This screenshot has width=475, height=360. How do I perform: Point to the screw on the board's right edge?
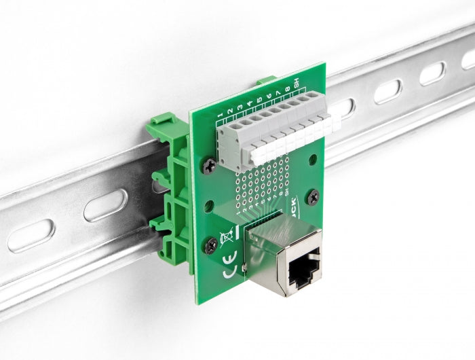[313, 198]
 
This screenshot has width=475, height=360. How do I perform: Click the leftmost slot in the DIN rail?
[31, 235]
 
